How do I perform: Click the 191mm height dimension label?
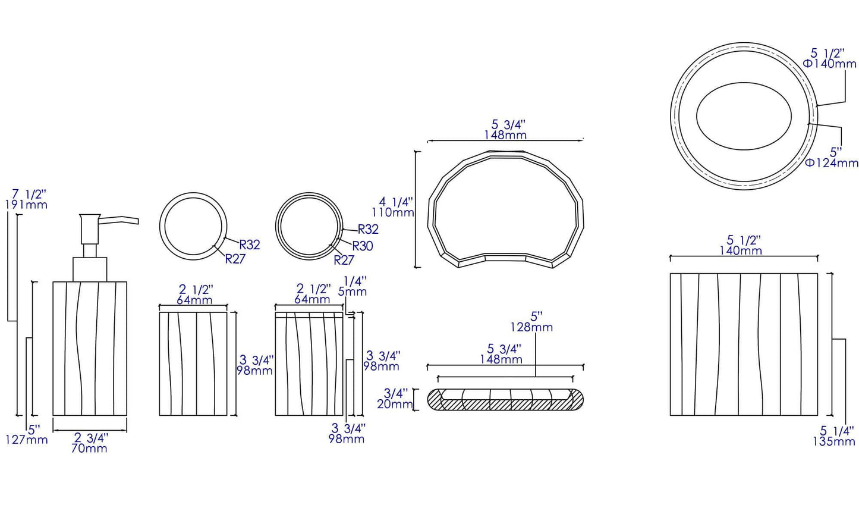26,205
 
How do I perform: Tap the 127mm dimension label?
26,440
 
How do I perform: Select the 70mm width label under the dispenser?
89,449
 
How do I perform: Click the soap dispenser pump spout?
118,221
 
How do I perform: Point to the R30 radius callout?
363,246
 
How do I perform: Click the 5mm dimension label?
353,292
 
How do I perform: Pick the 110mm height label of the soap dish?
392,212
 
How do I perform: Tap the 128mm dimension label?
531,327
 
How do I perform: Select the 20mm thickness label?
395,405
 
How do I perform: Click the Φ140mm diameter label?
830,64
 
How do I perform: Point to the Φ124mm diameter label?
832,163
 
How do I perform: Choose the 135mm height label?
833,441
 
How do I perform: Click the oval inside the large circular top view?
744,117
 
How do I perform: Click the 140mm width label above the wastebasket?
741,251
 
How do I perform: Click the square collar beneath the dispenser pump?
90,269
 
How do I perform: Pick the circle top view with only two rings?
193,226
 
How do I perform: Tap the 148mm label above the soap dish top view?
505,135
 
